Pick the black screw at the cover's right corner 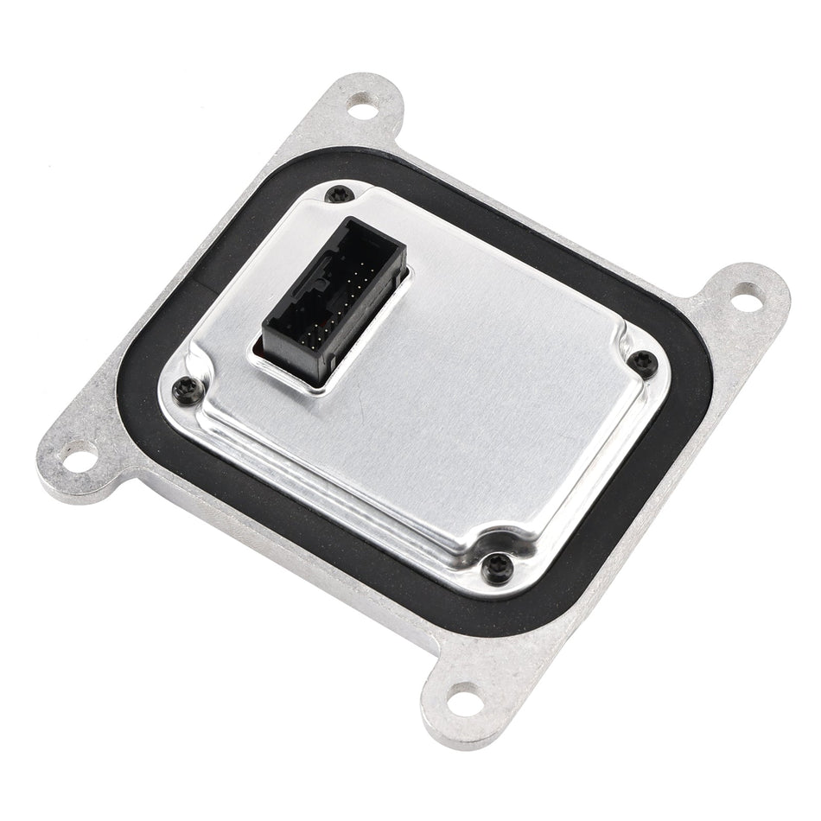point(640,362)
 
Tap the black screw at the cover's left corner point(184,389)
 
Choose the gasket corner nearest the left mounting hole point(156,406)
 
